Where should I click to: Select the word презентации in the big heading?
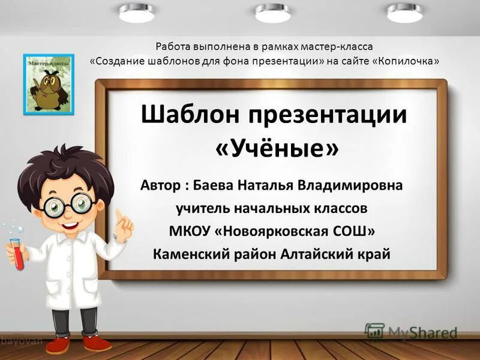[x=327, y=114]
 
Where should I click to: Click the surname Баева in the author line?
[x=219, y=185]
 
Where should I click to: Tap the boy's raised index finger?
[x=119, y=214]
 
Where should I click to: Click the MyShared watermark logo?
[x=412, y=332]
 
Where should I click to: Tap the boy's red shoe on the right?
[x=98, y=343]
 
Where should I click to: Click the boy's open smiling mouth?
[x=71, y=226]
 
